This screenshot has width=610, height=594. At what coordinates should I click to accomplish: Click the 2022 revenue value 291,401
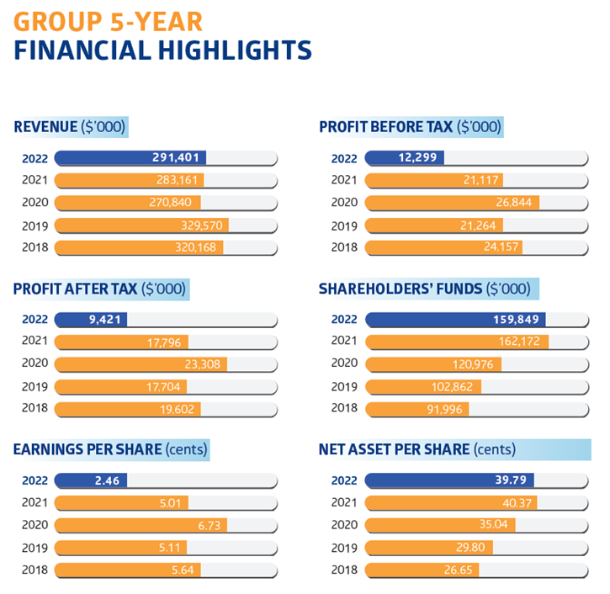click(x=178, y=157)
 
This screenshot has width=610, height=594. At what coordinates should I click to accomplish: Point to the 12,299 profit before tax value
click(x=411, y=157)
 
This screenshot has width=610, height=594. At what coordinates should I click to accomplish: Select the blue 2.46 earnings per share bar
click(x=91, y=480)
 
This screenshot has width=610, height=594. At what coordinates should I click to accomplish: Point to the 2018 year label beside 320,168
click(x=36, y=247)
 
